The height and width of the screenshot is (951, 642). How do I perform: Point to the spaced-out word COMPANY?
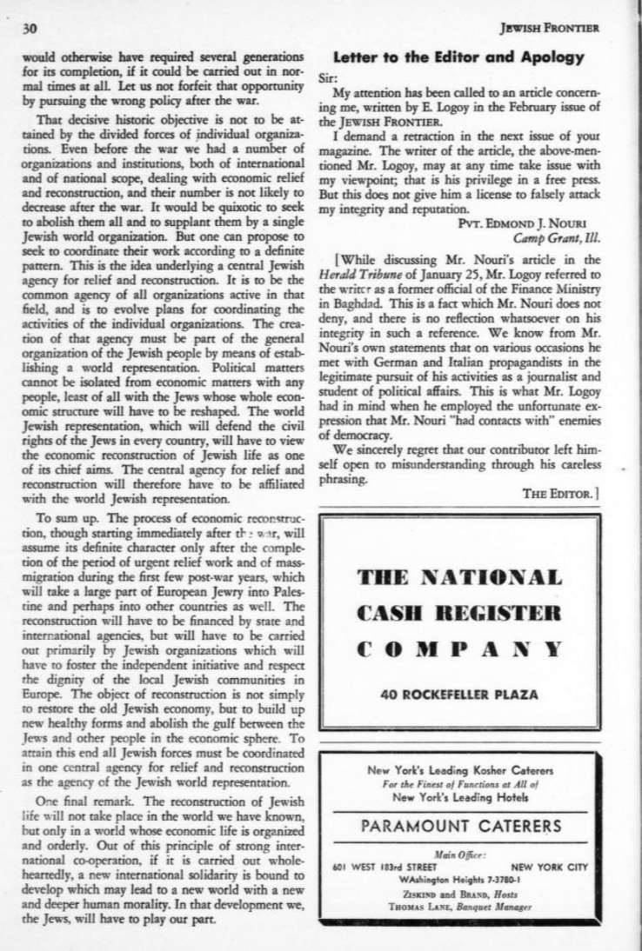(x=459, y=648)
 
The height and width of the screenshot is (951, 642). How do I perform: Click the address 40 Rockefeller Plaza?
(x=459, y=694)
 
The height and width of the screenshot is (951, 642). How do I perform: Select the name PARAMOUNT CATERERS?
(x=459, y=824)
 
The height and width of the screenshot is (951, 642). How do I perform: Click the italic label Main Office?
(x=459, y=855)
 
